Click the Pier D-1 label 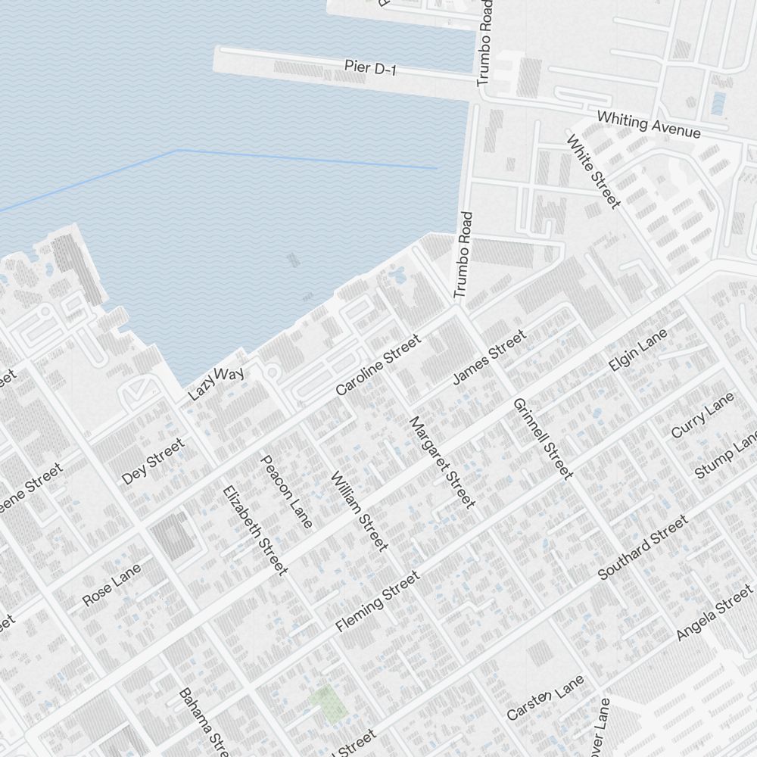(370, 68)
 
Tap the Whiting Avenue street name (649, 124)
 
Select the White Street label (593, 171)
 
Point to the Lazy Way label (216, 383)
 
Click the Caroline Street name (378, 366)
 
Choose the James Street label (488, 357)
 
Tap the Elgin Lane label (638, 350)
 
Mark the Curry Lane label (702, 415)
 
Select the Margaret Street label (442, 461)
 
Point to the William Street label (360, 510)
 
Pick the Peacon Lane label (286, 491)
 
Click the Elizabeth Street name (255, 529)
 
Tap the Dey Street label (153, 462)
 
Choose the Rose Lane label (112, 583)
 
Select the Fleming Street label (377, 602)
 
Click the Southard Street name (643, 547)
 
